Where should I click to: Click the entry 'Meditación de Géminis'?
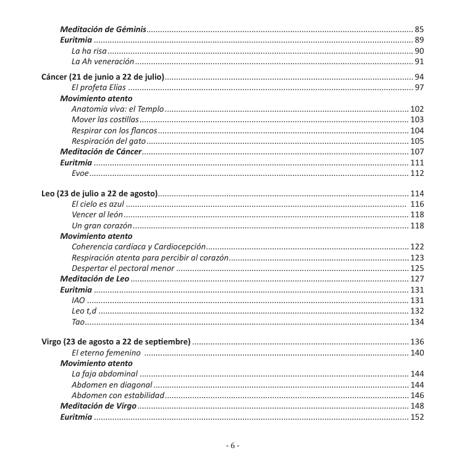(103, 29)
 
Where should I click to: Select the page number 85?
(419, 29)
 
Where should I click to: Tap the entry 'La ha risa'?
(89, 51)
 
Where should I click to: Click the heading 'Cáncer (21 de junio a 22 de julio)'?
(103, 77)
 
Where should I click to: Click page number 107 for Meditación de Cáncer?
(417, 151)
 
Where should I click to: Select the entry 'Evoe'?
(80, 173)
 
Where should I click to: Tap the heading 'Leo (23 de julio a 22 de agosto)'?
(99, 193)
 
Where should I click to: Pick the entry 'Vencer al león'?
(97, 215)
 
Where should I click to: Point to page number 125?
(417, 268)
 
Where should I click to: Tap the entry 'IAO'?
(78, 301)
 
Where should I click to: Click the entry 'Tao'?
(78, 322)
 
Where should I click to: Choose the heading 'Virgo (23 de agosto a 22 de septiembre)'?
(116, 342)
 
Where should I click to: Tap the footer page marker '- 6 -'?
(233, 446)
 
